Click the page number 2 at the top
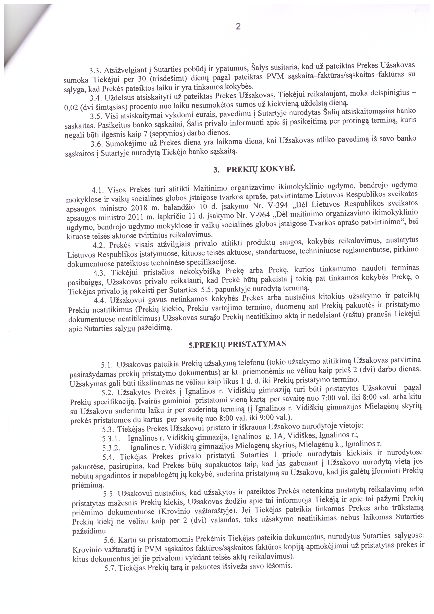coord(238,27)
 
